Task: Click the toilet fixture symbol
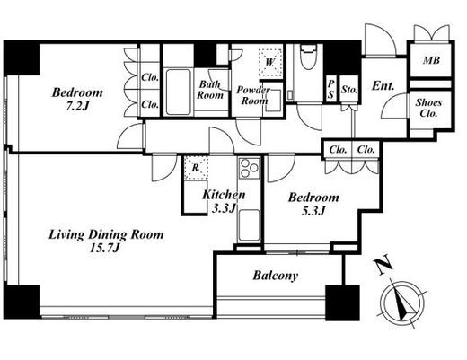click(308, 57)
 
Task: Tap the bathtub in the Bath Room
click(179, 92)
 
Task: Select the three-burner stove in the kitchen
click(249, 168)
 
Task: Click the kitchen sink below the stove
click(249, 225)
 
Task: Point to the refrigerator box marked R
click(196, 168)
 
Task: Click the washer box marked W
click(270, 62)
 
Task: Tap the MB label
click(431, 60)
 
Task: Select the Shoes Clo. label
click(428, 108)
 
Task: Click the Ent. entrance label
click(383, 86)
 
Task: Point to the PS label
click(330, 89)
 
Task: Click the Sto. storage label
click(349, 90)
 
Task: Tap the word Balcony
click(276, 276)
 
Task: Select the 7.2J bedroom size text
click(77, 106)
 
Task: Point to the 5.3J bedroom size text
click(313, 211)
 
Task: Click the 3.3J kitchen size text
click(224, 208)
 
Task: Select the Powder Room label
click(253, 95)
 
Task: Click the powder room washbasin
click(273, 100)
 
